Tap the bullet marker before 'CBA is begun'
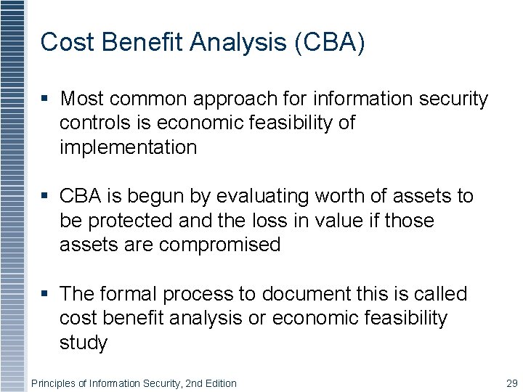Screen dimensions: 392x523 46,196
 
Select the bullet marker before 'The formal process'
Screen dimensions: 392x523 46,294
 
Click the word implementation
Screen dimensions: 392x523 128,147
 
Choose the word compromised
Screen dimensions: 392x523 219,245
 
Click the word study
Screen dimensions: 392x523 83,343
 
